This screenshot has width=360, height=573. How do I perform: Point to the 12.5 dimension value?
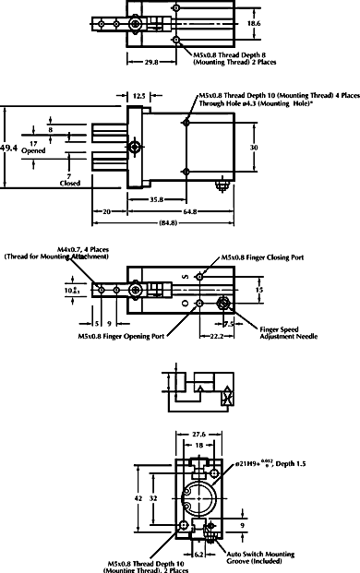click(139, 95)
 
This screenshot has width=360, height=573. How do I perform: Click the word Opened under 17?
click(33, 150)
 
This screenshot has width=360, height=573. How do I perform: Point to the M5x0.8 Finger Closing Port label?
click(265, 258)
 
